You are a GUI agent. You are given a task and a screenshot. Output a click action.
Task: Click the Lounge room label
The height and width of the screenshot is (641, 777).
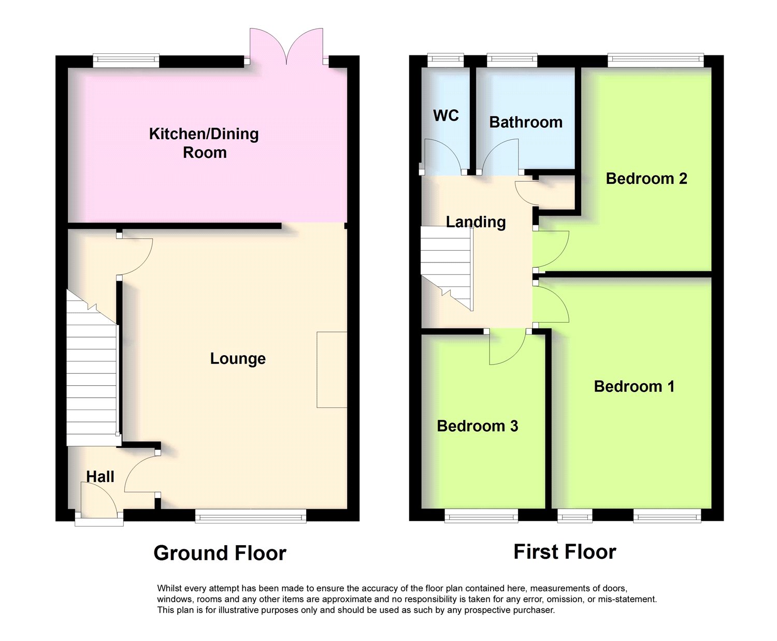pos(238,359)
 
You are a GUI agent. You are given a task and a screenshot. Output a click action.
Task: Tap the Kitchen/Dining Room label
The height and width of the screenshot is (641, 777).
pos(204,143)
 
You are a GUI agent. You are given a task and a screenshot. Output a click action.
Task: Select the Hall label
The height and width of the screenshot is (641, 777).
pos(100,476)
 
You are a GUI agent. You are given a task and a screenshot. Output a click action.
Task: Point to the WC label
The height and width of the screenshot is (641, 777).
pos(446,115)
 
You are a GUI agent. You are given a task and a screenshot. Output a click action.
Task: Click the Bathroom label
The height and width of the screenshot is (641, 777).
pos(525,122)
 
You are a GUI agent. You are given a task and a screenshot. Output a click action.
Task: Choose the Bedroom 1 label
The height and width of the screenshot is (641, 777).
pos(634,386)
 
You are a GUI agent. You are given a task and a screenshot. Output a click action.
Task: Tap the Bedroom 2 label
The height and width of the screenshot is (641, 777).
pos(646,179)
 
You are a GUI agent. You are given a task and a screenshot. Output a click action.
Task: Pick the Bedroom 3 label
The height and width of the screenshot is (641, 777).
pos(478,426)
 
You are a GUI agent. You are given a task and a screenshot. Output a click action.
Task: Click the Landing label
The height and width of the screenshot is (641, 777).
pos(476,222)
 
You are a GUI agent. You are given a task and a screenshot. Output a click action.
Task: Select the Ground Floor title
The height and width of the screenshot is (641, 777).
pos(220,553)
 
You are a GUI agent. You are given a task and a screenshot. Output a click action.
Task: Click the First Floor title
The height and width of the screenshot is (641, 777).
pos(565,552)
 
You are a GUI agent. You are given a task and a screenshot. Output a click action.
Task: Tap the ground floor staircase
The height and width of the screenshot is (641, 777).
pos(92,368)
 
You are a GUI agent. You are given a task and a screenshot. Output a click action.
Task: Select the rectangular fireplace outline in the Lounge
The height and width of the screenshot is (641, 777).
pos(332,370)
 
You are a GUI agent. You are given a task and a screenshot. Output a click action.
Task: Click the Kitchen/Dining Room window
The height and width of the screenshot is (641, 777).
pos(126,61)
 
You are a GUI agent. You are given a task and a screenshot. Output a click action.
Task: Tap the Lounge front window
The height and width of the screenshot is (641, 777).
pos(251,516)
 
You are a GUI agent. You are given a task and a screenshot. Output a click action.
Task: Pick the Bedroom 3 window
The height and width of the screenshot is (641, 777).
pos(482,516)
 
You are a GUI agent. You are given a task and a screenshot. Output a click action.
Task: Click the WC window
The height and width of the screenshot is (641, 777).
pos(446,61)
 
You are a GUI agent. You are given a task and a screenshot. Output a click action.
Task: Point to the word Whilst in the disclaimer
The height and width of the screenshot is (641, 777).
pos(169,588)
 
